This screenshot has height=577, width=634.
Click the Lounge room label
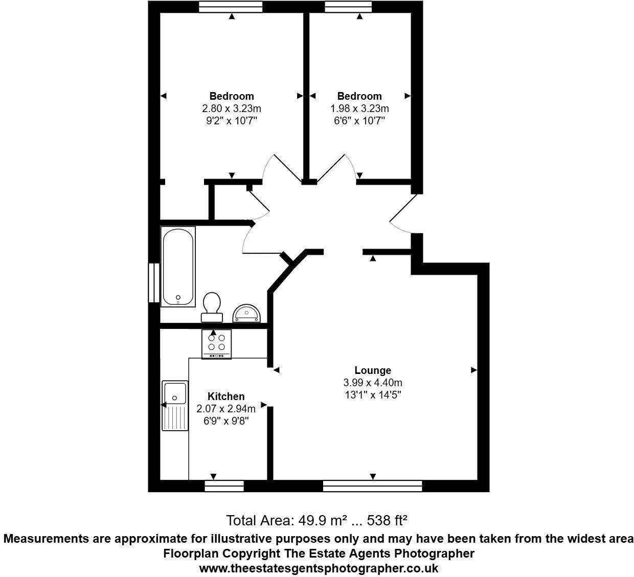pos(373,370)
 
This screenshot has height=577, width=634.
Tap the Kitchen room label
pos(225,396)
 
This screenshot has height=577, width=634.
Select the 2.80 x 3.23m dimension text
pos(232,108)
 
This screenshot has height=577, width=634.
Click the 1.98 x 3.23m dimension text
pos(359,108)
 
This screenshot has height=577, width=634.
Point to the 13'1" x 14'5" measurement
pos(373,395)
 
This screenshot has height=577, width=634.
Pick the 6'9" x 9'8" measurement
pos(225,420)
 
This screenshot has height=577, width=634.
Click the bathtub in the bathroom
pos(177,267)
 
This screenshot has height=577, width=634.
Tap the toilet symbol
pos(212,307)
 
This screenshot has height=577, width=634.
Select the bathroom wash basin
pos(247,313)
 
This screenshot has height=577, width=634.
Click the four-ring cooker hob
pos(216,344)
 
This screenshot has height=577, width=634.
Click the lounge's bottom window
pos(373,485)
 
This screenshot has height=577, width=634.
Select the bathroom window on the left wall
pos(152,282)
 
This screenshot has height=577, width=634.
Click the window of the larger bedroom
pos(230,6)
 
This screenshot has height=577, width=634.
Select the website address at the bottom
pos(318,568)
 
